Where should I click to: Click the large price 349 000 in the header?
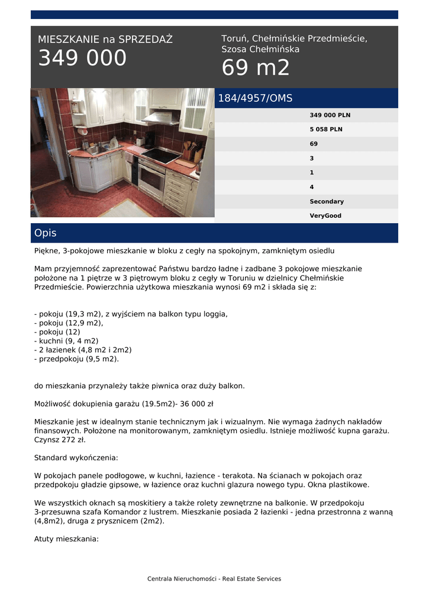(x=82, y=59)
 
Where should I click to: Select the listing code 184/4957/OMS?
(x=255, y=98)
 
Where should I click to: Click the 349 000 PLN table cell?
(x=330, y=115)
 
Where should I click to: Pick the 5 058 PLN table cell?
(x=325, y=130)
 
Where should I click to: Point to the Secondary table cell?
(x=326, y=202)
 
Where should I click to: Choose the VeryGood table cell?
(x=325, y=216)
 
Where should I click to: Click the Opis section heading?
(x=46, y=233)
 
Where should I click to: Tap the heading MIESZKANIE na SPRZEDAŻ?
(x=105, y=40)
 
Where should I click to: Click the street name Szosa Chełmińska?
(x=260, y=50)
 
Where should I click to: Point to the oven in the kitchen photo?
(x=151, y=178)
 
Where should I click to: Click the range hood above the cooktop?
(x=160, y=117)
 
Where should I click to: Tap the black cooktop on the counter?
(x=161, y=155)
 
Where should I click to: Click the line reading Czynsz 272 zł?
(x=60, y=440)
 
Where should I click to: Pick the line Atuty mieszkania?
(x=66, y=539)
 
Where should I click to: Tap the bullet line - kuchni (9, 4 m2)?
(x=66, y=341)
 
